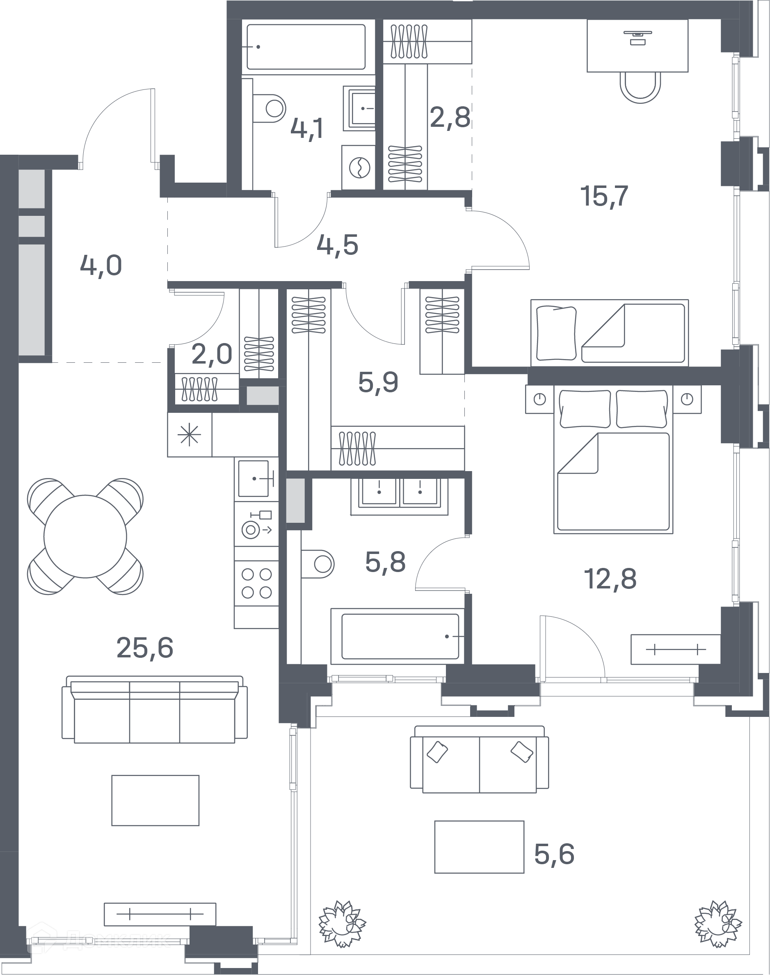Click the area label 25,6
coord(145,648)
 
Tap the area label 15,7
coord(604,196)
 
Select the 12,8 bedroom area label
coord(610,579)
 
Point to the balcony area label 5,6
coord(554,854)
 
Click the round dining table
coord(85,536)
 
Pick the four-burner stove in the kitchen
coord(256,583)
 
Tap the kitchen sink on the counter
coord(254,478)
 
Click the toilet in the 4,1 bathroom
coord(270,108)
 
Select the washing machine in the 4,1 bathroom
coord(359,167)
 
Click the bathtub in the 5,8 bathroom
coord(398,636)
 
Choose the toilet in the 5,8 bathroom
coord(318,564)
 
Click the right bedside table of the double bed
coord(687,399)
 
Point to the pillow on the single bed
coord(557,333)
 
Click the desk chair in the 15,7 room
coord(640,87)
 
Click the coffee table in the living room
coord(155,801)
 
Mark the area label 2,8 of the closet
coord(450,117)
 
